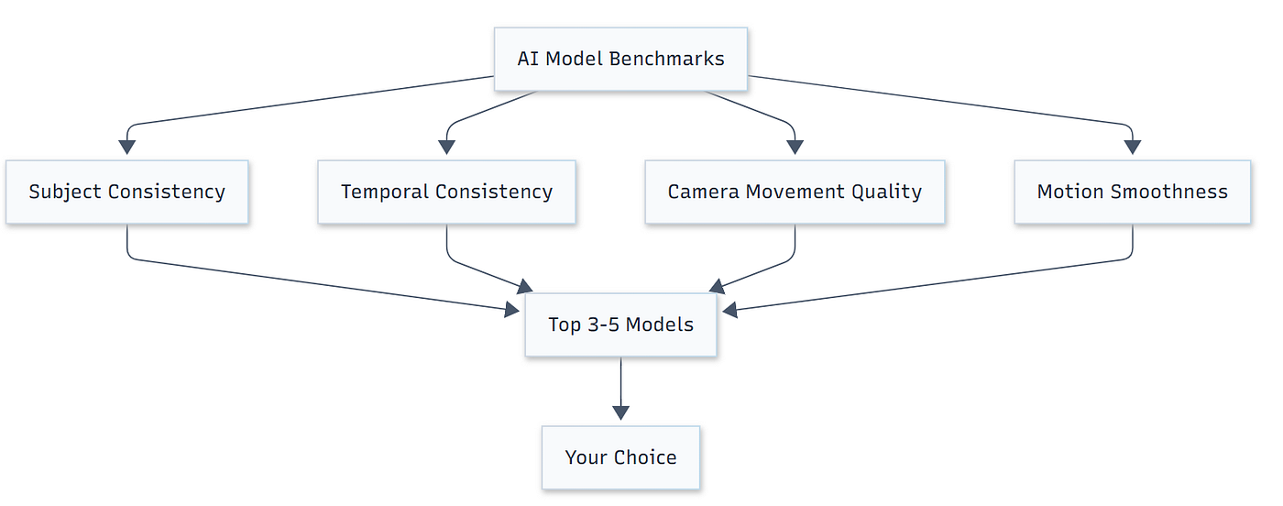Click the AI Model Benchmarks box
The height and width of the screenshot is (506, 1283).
pyautogui.click(x=621, y=59)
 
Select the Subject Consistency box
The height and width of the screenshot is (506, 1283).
pyautogui.click(x=127, y=192)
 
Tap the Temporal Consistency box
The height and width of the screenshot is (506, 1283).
pyautogui.click(x=447, y=192)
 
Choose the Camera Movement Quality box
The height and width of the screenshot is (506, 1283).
pyautogui.click(x=795, y=192)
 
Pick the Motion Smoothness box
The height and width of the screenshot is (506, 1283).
pyautogui.click(x=1133, y=192)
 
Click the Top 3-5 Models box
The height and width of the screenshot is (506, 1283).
pyautogui.click(x=621, y=324)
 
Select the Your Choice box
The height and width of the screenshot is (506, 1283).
pyautogui.click(x=621, y=457)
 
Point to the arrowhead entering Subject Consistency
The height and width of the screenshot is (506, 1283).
pyautogui.click(x=127, y=148)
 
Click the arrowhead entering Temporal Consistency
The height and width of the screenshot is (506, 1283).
pyautogui.click(x=447, y=148)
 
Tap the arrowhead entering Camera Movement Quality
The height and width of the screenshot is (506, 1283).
pyautogui.click(x=795, y=148)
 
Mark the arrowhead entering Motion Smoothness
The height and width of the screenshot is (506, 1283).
pyautogui.click(x=1133, y=148)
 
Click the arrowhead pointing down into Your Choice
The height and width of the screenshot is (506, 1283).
pyautogui.click(x=621, y=412)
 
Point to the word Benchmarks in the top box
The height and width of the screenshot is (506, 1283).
pyautogui.click(x=667, y=59)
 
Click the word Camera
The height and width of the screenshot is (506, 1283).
pyautogui.click(x=704, y=192)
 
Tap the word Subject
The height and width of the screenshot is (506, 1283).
pyautogui.click(x=65, y=192)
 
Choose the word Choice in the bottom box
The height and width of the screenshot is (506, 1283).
pyautogui.click(x=645, y=457)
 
